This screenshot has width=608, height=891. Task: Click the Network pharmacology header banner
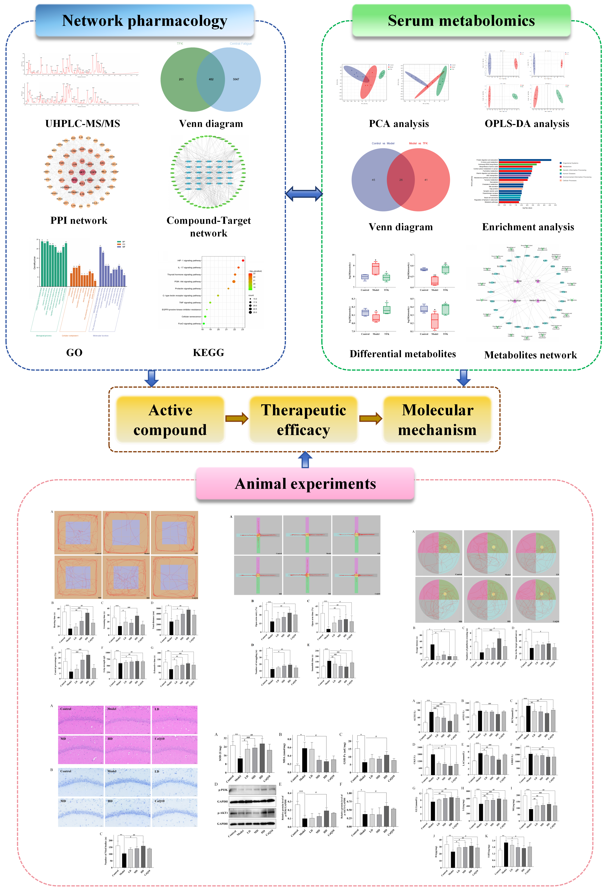(x=145, y=21)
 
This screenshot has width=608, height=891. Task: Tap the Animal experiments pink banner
(x=305, y=484)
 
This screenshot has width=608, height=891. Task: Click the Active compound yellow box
(x=170, y=420)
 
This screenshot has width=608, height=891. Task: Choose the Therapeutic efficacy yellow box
(x=304, y=420)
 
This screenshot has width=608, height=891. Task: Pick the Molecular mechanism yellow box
(x=437, y=420)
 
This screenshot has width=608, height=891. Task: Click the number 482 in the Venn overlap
(x=211, y=79)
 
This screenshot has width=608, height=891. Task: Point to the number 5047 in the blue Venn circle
(x=236, y=79)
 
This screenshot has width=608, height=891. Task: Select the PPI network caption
(x=79, y=220)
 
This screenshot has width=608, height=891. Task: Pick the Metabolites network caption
(x=531, y=355)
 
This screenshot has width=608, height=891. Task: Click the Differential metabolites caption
(x=403, y=354)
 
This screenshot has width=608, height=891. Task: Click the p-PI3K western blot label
(x=223, y=790)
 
